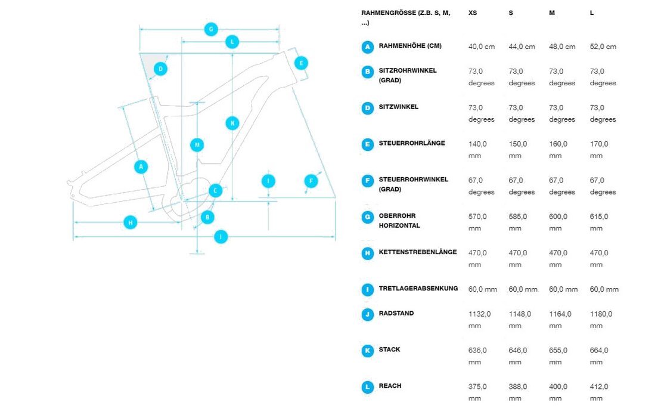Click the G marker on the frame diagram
(211, 29)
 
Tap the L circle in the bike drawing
(232, 42)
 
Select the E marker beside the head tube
(301, 63)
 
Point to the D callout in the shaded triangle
(160, 69)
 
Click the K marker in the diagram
(232, 123)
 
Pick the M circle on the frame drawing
(197, 145)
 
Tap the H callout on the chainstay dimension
(130, 223)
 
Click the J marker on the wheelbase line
(221, 236)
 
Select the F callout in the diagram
(311, 181)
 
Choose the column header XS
(473, 13)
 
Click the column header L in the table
(592, 13)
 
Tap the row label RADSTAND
(396, 313)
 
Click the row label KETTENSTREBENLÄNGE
(418, 252)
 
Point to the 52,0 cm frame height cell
(603, 47)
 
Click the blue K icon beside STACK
(368, 351)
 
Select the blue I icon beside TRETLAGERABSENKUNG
(368, 290)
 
